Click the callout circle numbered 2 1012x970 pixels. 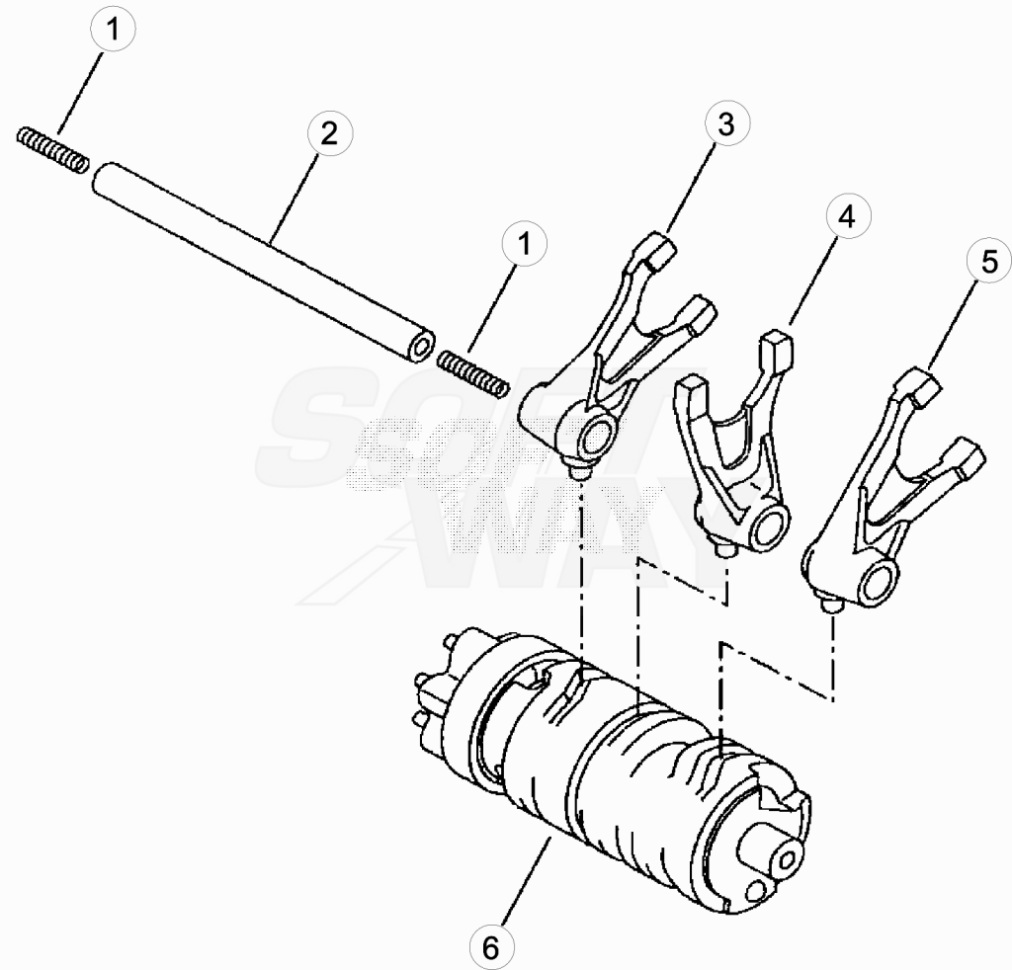329,134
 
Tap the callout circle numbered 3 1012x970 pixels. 726,123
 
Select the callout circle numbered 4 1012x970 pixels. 847,216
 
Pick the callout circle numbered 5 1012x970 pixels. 989,263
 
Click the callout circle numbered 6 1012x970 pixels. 491,948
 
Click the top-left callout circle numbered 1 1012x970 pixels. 113,30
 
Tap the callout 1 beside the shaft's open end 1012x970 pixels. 524,244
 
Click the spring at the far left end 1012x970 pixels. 52,149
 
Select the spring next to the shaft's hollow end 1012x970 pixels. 473,372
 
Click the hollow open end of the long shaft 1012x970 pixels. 422,348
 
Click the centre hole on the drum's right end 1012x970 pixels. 787,859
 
